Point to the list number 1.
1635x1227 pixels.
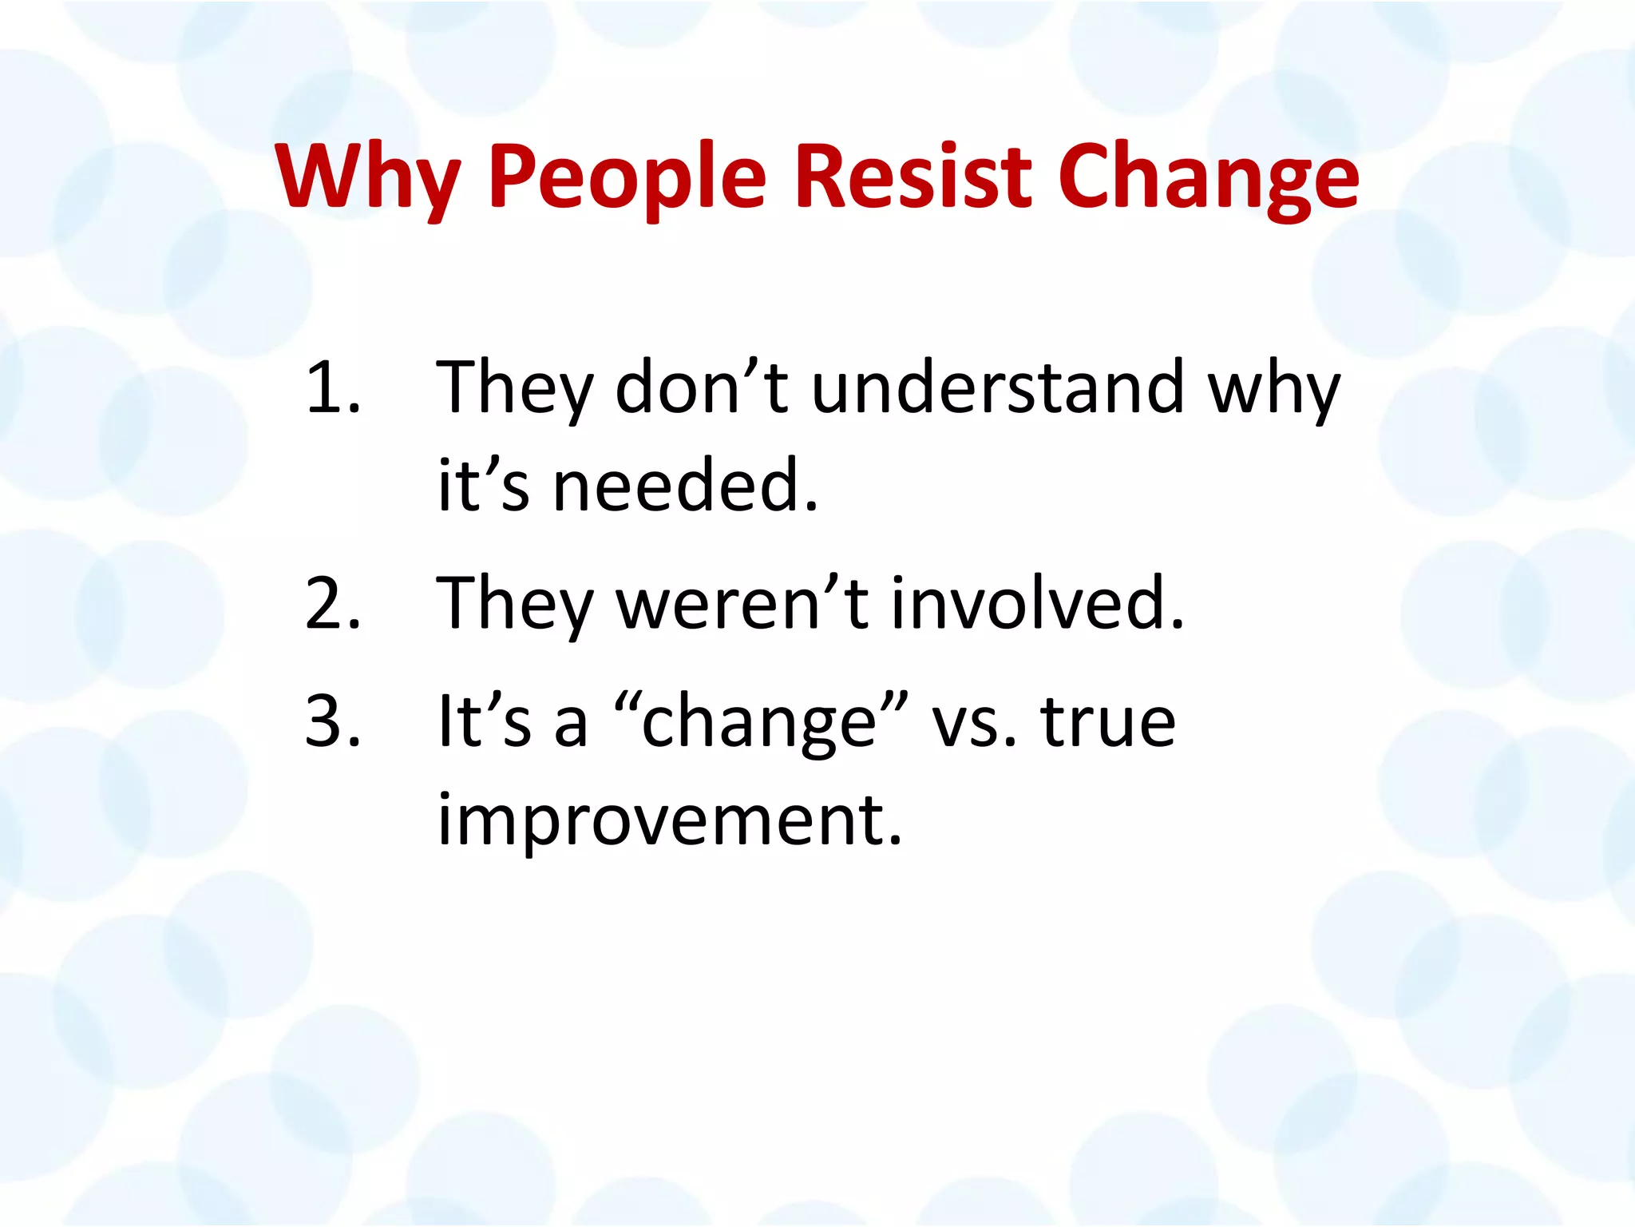tap(331, 387)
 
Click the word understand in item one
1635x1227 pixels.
tap(998, 387)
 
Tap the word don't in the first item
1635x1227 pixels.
tap(702, 387)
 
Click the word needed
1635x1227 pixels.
tap(686, 486)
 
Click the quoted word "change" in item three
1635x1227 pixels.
tap(762, 723)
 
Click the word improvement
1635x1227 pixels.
tap(669, 821)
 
